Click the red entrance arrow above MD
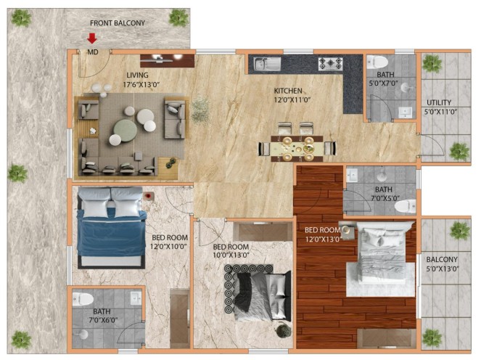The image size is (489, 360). pyautogui.click(x=91, y=38)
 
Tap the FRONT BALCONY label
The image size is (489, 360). pyautogui.click(x=118, y=23)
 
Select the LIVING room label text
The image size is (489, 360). pyautogui.click(x=137, y=75)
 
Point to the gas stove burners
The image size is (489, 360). pyautogui.click(x=330, y=64)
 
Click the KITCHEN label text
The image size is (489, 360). pyautogui.click(x=288, y=91)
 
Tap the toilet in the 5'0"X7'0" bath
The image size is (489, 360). pyautogui.click(x=377, y=62)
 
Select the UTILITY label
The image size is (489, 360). pyautogui.click(x=439, y=102)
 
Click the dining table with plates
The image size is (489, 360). pyautogui.click(x=297, y=149)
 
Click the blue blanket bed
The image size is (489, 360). pyautogui.click(x=112, y=227)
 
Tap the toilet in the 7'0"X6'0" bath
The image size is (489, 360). pyautogui.click(x=83, y=299)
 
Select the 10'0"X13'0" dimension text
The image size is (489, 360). pyautogui.click(x=231, y=255)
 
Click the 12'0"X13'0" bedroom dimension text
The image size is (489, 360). pyautogui.click(x=323, y=239)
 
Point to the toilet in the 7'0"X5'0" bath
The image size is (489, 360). pyautogui.click(x=405, y=206)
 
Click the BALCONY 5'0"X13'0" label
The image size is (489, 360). pyautogui.click(x=443, y=264)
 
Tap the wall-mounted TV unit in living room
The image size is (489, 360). pyautogui.click(x=167, y=60)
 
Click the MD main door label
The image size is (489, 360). pyautogui.click(x=93, y=52)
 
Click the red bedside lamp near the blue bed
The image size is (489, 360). pyautogui.click(x=149, y=196)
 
